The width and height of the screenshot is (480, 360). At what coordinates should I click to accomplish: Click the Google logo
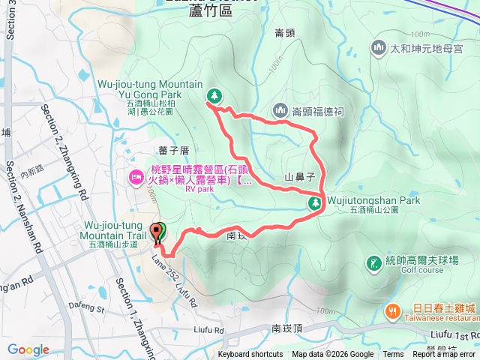coord(28,350)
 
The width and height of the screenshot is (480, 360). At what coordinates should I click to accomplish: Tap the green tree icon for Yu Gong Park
coord(214,96)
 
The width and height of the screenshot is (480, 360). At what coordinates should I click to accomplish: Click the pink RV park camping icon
coord(136,178)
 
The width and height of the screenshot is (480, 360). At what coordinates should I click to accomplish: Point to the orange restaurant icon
coord(391,310)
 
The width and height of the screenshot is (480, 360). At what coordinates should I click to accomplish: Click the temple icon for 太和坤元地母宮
coord(378,48)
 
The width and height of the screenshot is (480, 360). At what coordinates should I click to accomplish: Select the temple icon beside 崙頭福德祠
coord(282,110)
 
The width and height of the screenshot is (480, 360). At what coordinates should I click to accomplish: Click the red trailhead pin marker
coord(157,232)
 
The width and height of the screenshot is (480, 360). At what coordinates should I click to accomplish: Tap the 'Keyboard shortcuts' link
coord(250,355)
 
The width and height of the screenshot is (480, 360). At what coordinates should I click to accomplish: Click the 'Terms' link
coord(393,355)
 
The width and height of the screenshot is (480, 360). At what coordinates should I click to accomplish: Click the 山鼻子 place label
coord(298,178)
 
